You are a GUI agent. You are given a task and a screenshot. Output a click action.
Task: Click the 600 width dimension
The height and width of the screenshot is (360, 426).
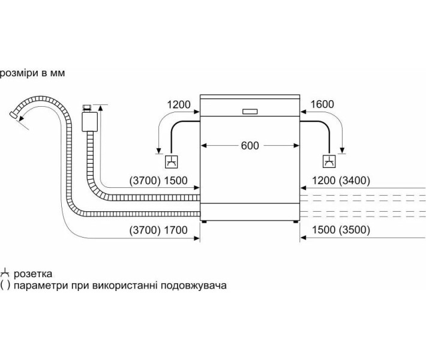250,145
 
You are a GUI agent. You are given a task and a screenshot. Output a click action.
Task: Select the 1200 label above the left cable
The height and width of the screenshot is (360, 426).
179,105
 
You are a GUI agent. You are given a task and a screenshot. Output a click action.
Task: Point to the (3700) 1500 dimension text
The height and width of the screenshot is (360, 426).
158,181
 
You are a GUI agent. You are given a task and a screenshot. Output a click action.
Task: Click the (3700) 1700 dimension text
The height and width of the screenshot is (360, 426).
158,230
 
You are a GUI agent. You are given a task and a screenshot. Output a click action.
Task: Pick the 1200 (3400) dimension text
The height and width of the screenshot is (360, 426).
340,181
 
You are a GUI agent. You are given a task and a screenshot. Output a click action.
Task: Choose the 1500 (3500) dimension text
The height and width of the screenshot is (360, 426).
340,230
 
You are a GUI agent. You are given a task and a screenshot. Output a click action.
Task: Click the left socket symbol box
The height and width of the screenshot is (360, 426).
170,161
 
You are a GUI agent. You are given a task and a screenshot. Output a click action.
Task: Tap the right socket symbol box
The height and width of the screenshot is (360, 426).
329,161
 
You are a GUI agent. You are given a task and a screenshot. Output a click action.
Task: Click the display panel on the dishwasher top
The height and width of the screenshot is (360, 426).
250,111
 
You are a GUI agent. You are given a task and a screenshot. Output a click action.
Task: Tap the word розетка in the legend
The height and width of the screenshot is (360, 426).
32,274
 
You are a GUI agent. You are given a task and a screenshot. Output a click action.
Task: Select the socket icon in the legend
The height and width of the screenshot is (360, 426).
5,273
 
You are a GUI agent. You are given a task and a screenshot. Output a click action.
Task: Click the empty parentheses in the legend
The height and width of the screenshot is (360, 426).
5,286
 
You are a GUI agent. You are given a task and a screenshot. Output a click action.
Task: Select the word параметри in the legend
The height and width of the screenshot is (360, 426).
38,286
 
